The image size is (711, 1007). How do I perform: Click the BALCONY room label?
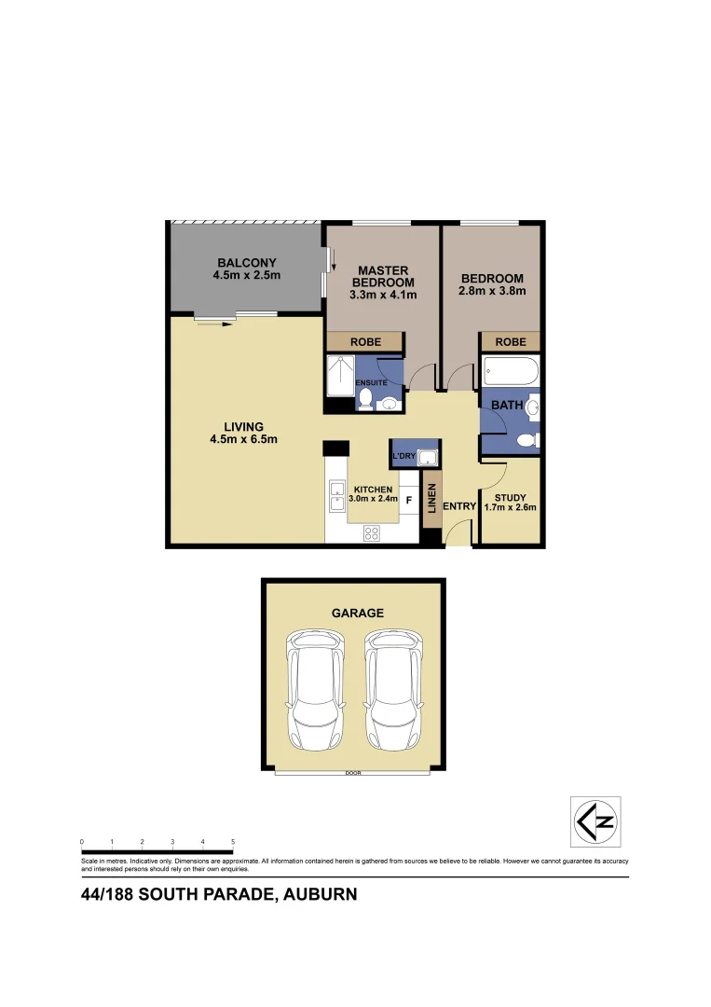(247, 262)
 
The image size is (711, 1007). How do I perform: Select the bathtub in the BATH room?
(511, 373)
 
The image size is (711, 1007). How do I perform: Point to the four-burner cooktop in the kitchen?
(372, 533)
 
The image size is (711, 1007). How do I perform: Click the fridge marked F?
(409, 500)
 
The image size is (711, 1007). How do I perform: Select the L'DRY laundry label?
(403, 456)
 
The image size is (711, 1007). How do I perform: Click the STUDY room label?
(510, 497)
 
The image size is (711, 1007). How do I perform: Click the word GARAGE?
(358, 613)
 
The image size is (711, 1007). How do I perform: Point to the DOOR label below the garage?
(352, 773)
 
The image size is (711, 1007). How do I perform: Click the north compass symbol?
(595, 821)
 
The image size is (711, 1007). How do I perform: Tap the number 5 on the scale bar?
(232, 841)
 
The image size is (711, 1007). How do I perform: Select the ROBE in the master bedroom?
(364, 342)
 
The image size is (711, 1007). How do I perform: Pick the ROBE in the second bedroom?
(510, 342)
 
